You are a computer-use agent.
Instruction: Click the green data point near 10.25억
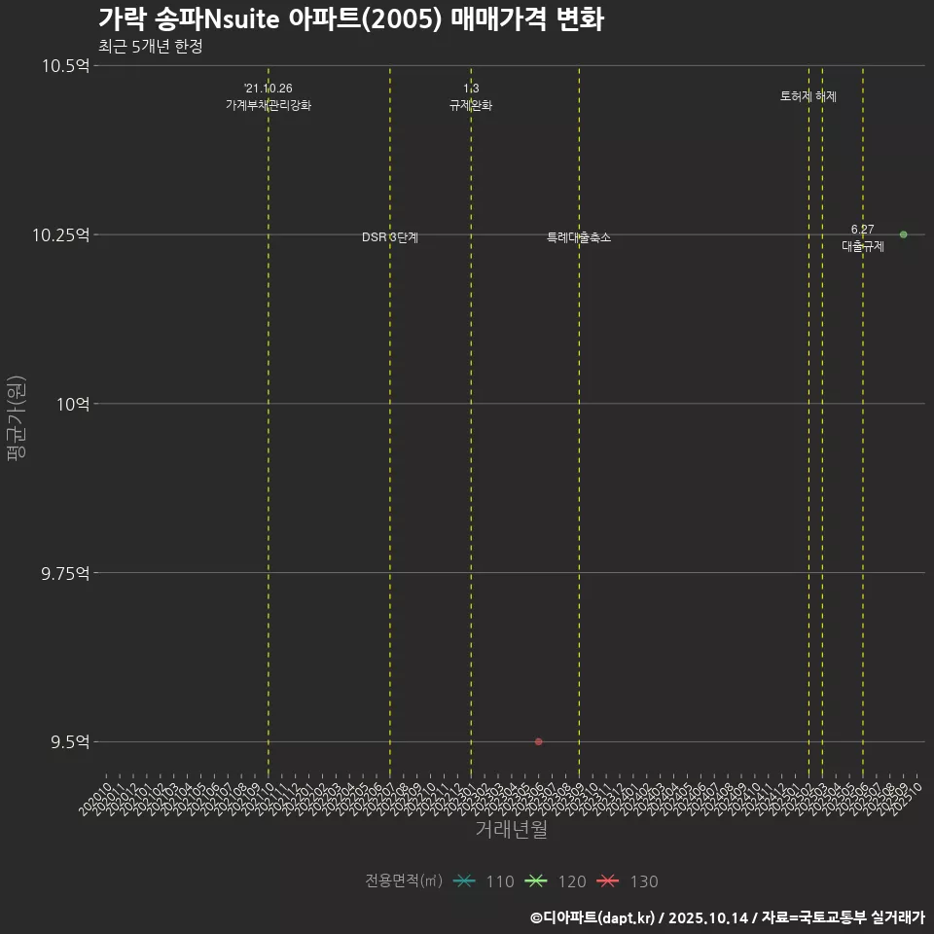pos(903,234)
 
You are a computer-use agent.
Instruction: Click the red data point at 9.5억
pos(538,741)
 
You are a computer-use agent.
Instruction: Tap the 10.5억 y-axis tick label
pos(65,66)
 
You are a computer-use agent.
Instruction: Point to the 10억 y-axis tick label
pos(72,404)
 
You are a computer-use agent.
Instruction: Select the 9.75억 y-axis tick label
pos(65,573)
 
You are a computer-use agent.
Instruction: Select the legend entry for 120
pos(557,881)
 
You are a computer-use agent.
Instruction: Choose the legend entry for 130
pos(629,881)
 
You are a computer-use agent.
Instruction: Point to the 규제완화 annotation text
pos(471,105)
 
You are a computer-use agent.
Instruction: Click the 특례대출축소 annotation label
pos(579,238)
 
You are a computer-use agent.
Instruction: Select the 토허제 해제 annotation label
pos(808,96)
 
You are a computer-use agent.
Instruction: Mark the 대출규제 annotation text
pos(863,246)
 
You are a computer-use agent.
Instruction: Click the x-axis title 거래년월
pos(511,829)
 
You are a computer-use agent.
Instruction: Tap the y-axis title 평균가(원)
pos(17,418)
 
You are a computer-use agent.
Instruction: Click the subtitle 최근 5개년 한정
pos(150,47)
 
